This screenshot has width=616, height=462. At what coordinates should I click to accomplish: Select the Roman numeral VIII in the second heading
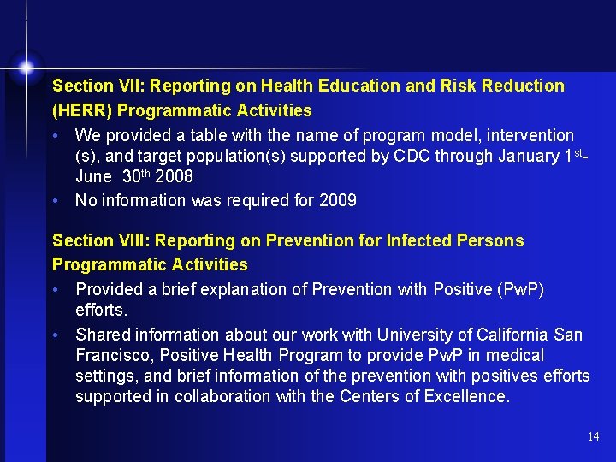121,240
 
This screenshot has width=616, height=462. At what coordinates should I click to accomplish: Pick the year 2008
175,176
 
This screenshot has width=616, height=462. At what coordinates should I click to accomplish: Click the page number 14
594,437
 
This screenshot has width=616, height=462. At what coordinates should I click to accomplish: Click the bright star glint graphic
27,66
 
